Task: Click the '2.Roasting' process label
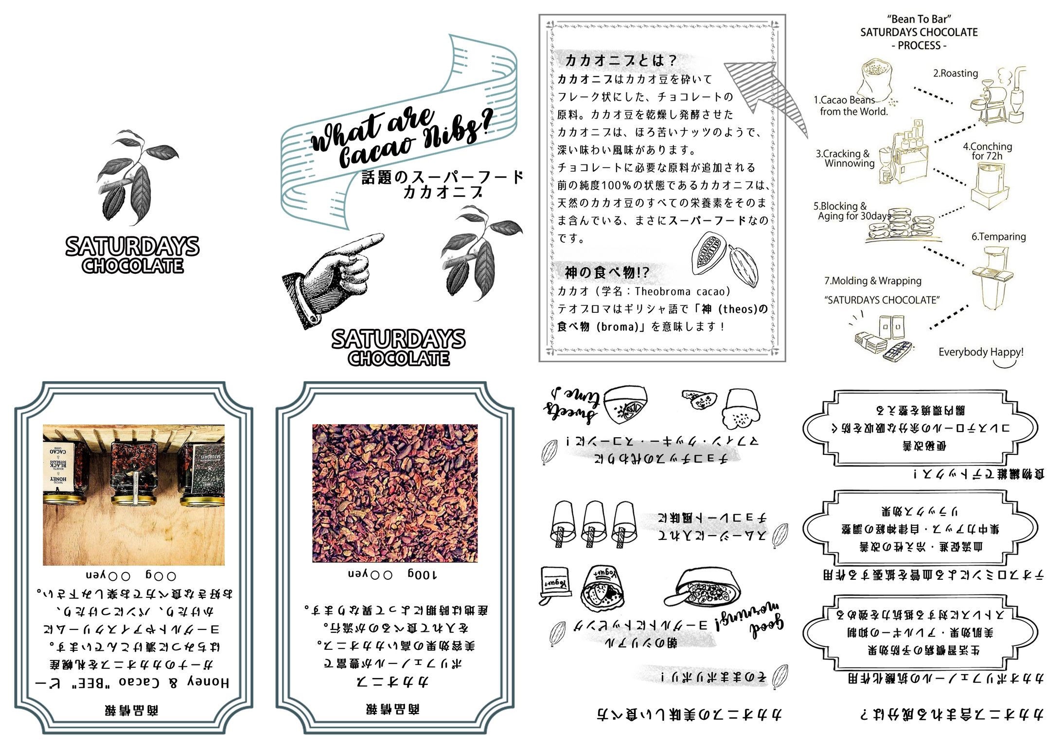click(x=955, y=73)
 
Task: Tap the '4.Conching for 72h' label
click(x=987, y=151)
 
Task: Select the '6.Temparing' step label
click(x=998, y=237)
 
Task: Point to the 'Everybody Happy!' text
click(x=980, y=352)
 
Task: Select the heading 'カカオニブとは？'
click(x=620, y=60)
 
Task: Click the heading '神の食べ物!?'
click(x=606, y=272)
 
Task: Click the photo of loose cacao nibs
click(x=394, y=493)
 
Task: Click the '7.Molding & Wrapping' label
click(x=872, y=281)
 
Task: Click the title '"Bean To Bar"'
click(x=919, y=19)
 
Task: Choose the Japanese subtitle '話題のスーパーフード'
click(x=442, y=177)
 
